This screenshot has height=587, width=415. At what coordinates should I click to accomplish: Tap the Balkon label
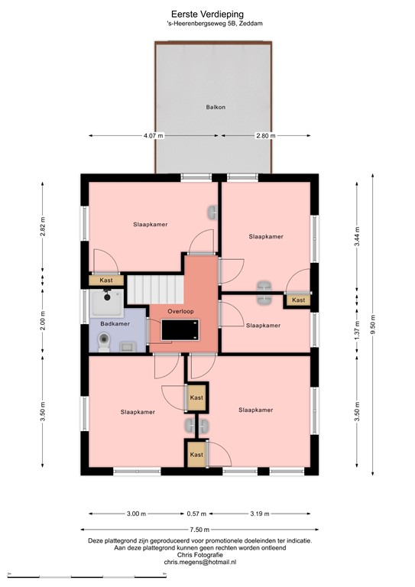[x=215, y=108]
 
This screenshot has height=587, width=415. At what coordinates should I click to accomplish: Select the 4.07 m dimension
[x=154, y=135]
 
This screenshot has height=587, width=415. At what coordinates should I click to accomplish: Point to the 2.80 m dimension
[x=266, y=135]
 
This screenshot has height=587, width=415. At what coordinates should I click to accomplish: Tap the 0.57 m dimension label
[x=197, y=513]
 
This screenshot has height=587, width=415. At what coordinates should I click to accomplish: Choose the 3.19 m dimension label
[x=260, y=513]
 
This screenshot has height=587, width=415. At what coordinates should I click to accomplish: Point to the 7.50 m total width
[x=199, y=529]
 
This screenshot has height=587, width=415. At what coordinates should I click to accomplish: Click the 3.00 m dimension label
[x=136, y=513]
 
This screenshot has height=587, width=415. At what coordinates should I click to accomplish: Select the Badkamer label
[x=114, y=324]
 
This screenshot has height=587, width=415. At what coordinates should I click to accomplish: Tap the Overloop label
[x=180, y=312]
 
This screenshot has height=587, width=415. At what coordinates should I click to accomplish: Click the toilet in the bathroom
[x=105, y=343]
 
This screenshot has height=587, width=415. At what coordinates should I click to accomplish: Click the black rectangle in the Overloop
[x=180, y=330]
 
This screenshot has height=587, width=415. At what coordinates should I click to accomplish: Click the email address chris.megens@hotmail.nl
[x=199, y=562]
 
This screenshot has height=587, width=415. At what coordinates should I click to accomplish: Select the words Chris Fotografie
[x=199, y=555]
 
